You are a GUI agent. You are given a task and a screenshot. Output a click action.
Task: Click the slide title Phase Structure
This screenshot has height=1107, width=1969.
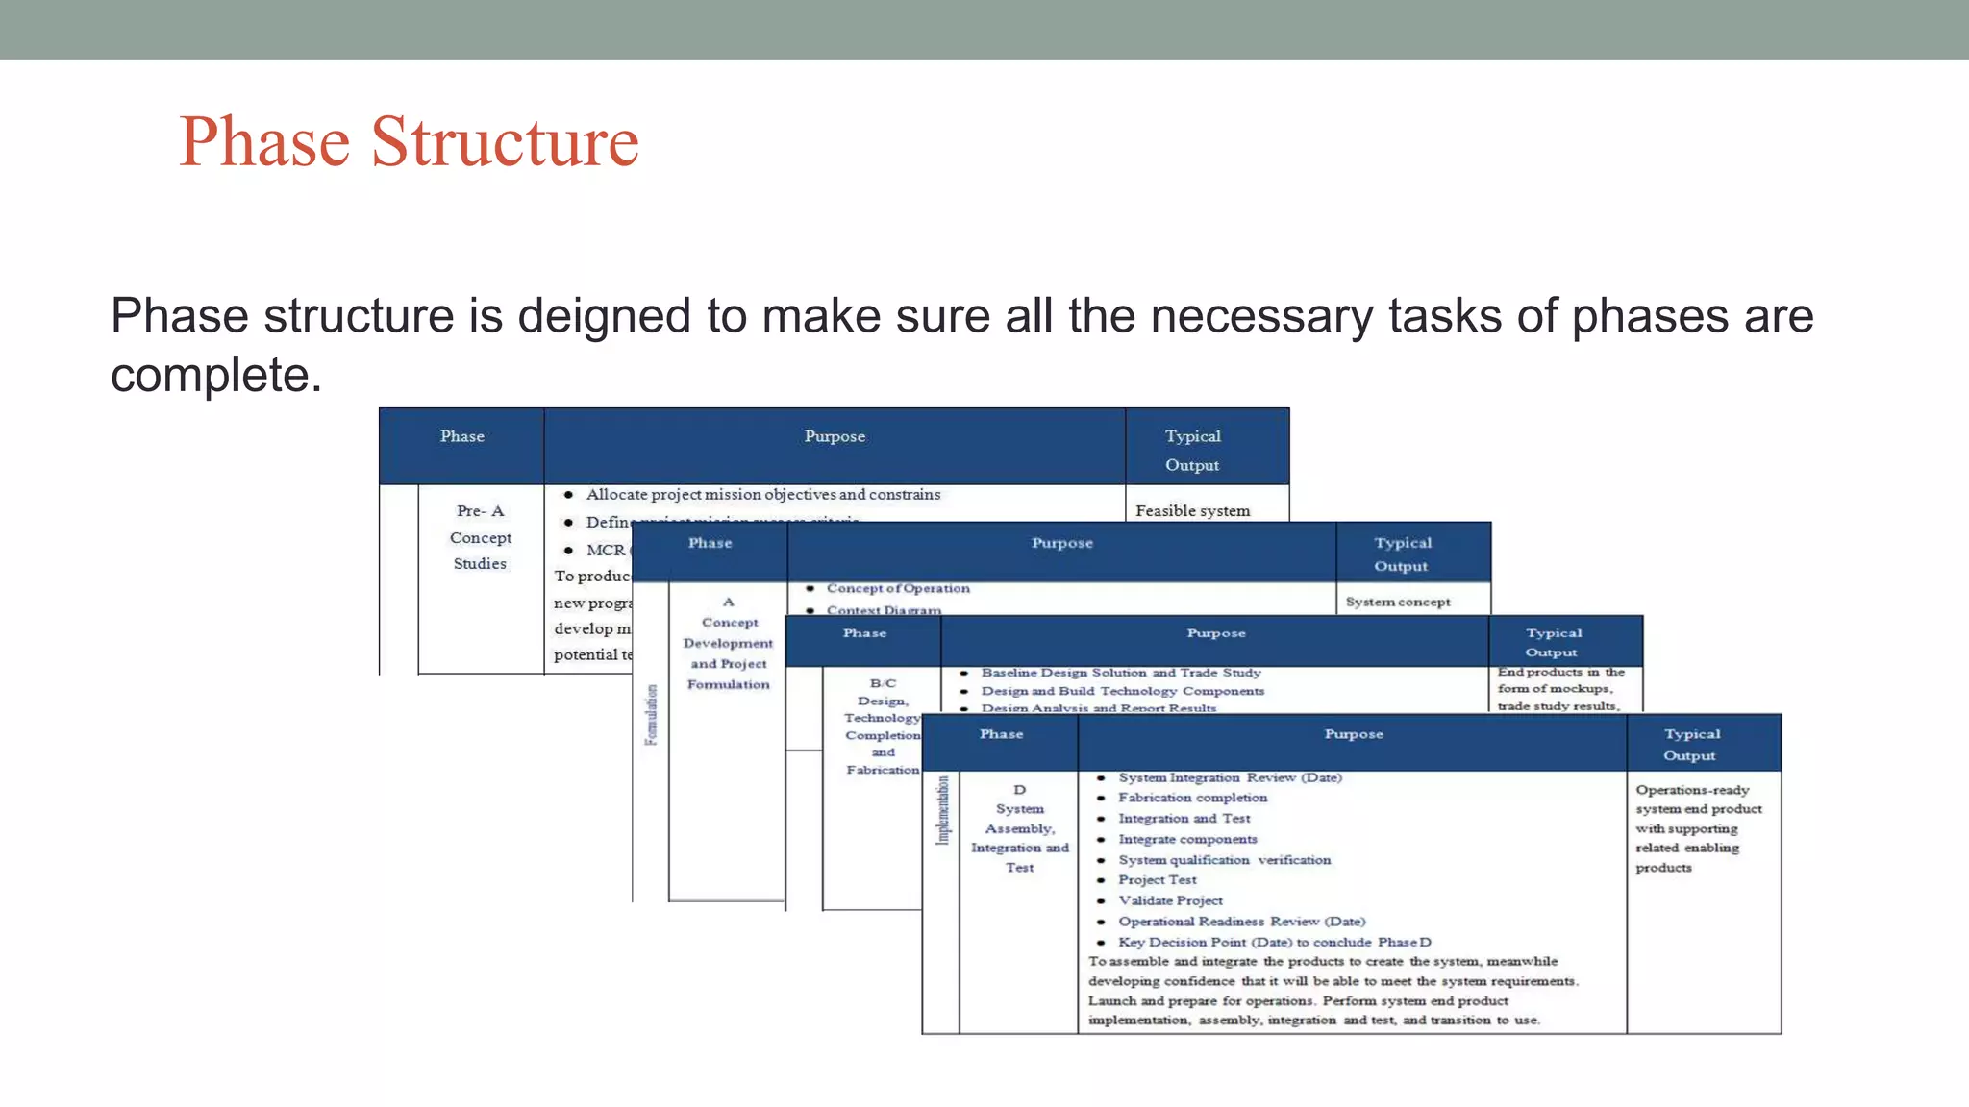409,141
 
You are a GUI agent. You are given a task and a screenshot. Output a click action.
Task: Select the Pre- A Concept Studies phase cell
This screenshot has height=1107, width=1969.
480,537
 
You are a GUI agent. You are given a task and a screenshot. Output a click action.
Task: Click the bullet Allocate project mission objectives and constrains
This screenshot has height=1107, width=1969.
762,494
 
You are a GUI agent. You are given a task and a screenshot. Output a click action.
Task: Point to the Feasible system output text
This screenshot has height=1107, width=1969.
1192,510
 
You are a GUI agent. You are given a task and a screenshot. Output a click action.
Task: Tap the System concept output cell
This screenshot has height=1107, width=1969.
1397,602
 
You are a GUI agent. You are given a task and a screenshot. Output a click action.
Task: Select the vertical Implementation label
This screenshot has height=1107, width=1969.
942,809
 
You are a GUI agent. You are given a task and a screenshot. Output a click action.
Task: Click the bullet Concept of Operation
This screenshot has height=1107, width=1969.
897,588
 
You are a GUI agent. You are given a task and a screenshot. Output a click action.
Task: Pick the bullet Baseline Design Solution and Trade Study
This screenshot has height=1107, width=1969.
1120,673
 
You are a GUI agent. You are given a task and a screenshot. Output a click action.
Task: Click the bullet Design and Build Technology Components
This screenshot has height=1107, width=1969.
1122,691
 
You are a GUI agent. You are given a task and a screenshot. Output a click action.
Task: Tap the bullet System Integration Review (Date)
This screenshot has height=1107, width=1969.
1229,777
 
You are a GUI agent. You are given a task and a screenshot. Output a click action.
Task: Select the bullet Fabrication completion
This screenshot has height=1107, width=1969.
1192,798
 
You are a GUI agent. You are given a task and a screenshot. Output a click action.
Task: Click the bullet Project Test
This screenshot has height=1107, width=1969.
1157,879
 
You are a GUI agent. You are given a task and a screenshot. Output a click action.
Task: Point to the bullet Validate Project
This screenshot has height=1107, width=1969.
1170,900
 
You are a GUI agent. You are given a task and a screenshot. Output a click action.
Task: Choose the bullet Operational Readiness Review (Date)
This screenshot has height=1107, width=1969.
1240,921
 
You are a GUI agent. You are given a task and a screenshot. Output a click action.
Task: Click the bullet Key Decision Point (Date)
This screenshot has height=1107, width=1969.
1273,942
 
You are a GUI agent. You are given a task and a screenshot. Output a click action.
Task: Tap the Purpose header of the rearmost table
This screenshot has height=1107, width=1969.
835,436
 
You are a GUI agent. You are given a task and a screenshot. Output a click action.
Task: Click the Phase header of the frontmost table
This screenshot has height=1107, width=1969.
1001,734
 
